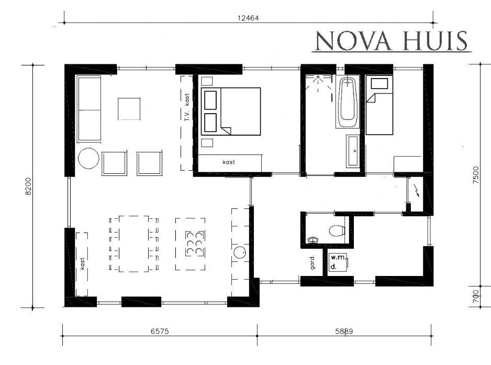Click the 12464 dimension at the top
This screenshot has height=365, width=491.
pos(248,18)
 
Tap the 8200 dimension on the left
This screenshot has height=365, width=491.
pos(28,186)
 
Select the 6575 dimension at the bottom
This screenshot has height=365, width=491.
pos(160,331)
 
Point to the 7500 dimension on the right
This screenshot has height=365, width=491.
pos(476,175)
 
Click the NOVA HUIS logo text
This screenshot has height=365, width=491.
pos(391,41)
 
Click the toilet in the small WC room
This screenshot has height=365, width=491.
pos(337,230)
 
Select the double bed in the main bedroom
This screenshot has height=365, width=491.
pos(231,111)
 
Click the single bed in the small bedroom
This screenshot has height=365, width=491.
pos(379,105)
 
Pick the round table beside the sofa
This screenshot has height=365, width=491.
pos(88,159)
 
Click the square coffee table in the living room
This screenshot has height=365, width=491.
pos(129,109)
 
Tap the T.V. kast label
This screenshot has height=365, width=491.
pos(187,107)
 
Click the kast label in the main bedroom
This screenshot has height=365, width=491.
pos(229,162)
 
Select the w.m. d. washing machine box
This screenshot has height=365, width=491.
pos(339,262)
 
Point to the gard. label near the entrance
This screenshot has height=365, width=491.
pos(312,262)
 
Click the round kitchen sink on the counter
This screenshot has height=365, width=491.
pos(239,252)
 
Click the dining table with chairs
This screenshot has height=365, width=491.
pos(133,244)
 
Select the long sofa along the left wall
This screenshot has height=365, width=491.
pos(89,109)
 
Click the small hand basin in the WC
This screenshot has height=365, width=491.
pos(313,240)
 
